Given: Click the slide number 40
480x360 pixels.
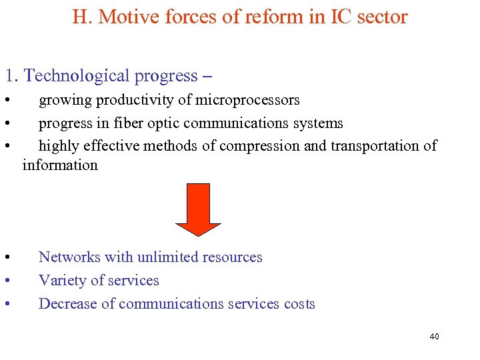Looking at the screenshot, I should click(434, 337).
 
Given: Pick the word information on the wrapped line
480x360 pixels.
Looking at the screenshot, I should click(60, 165).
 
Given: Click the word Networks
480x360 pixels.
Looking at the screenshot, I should click(69, 257).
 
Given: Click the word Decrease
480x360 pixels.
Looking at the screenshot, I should click(66, 304).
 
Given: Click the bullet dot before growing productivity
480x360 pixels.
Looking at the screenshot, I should click(5, 101).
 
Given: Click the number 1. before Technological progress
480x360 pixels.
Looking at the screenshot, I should click(12, 76).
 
